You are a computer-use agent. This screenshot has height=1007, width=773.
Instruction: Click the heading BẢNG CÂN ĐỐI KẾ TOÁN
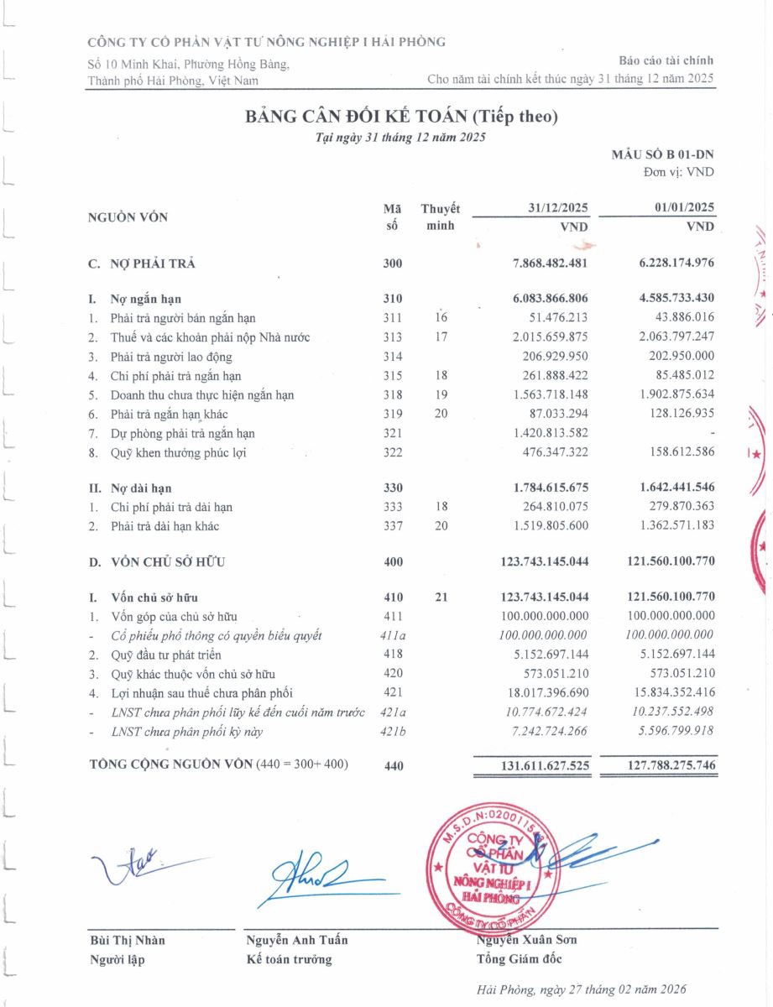tap(400, 117)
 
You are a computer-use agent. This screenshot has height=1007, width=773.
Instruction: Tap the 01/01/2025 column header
tap(683, 207)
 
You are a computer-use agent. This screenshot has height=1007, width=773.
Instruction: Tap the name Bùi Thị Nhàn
tap(127, 940)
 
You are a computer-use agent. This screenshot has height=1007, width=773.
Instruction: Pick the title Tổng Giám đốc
tap(519, 959)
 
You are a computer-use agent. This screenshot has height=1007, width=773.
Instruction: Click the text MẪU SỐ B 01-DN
tap(663, 155)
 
